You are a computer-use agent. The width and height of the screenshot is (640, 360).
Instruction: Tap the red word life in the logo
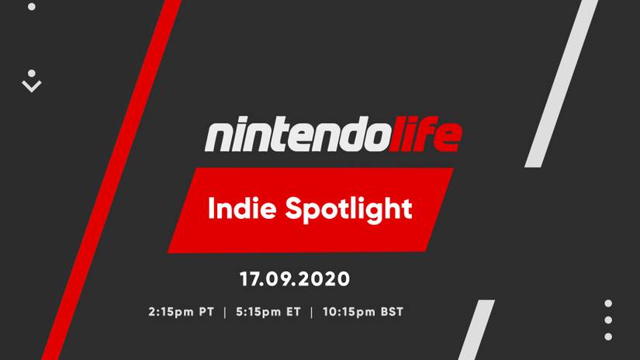click(429, 135)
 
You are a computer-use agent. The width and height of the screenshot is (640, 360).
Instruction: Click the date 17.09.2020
click(295, 277)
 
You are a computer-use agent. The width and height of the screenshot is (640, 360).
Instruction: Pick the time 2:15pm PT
click(181, 313)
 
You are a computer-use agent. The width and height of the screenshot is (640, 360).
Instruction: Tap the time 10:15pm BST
click(361, 313)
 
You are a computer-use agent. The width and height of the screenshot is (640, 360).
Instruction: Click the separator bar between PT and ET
click(224, 313)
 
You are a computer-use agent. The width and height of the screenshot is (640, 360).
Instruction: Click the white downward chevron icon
click(32, 86)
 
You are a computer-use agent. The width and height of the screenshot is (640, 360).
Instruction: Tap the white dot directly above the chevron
click(32, 74)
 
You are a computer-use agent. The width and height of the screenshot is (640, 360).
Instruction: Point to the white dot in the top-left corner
click(32, 6)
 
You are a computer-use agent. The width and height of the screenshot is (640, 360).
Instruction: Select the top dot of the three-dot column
click(608, 303)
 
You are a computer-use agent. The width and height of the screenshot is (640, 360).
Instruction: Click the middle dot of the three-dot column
click(608, 320)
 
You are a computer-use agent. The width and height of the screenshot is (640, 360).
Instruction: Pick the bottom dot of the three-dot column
click(608, 336)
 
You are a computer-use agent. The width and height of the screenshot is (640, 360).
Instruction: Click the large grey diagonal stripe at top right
click(562, 85)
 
